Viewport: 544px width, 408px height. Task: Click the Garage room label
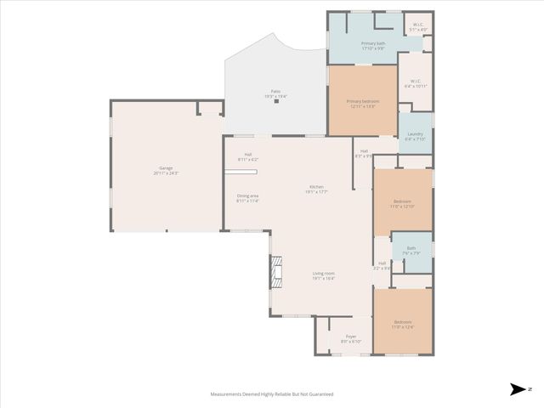(166, 170)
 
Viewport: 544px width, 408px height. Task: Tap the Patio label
(275, 93)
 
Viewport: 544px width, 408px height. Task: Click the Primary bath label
(373, 46)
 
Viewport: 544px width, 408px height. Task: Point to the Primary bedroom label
(362, 104)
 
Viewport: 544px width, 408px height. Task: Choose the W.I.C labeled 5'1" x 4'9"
(417, 27)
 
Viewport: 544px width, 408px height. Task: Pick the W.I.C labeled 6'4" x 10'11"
(415, 84)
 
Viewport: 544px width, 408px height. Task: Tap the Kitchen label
(316, 189)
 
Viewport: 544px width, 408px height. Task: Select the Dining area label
(247, 198)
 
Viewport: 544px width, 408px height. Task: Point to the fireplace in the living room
(275, 273)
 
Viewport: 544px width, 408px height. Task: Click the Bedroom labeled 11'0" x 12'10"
(402, 204)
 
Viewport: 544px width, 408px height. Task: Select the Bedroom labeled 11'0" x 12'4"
(402, 324)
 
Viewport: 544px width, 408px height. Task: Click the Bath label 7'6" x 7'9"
(411, 251)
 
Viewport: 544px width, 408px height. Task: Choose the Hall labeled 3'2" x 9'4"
(382, 265)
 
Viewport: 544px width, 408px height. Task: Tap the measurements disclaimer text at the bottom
(272, 394)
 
